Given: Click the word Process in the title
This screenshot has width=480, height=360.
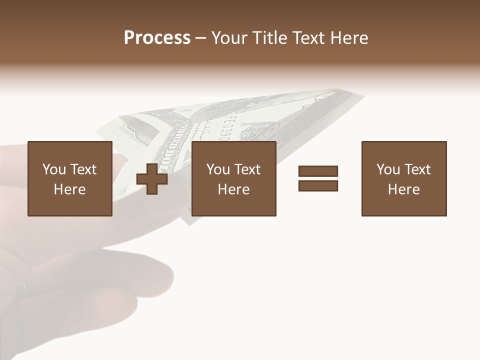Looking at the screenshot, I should point(157,38).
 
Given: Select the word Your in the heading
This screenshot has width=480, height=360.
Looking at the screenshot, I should point(229,38).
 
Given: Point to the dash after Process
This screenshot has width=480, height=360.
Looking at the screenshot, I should point(201,38).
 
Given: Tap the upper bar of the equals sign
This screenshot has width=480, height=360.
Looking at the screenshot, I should point(318,171).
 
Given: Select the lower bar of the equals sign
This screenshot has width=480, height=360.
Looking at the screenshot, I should point(318,185).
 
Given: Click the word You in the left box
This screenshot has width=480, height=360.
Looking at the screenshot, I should point(54,169).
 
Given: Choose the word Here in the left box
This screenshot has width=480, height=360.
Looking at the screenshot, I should point(69,189).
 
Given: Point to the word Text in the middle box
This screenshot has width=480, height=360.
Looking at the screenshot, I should point(247,169).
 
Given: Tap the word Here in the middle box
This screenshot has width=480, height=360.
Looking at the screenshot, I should point(233,189).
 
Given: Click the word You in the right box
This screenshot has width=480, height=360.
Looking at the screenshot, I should point(388,169).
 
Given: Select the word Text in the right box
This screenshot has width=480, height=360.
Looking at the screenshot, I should point(417,169).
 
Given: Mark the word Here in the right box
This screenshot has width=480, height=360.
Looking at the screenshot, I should point(403,189).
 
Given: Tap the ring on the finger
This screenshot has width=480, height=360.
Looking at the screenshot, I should point(22,288).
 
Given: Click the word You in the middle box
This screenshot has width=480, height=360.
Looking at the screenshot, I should point(218,169).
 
